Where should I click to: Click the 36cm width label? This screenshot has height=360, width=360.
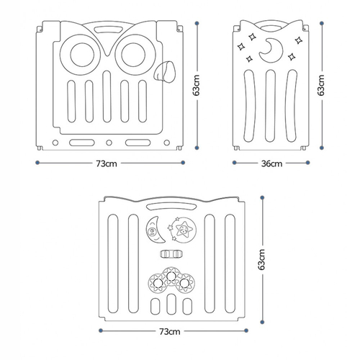pyautogui.click(x=271, y=163)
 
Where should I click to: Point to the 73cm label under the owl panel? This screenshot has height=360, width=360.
pyautogui.click(x=107, y=163)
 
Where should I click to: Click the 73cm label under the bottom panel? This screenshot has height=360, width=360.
pyautogui.click(x=170, y=332)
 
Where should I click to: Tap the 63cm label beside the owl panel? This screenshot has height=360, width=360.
pyautogui.click(x=197, y=86)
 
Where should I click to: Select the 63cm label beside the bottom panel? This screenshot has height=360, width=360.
pyautogui.click(x=262, y=260)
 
